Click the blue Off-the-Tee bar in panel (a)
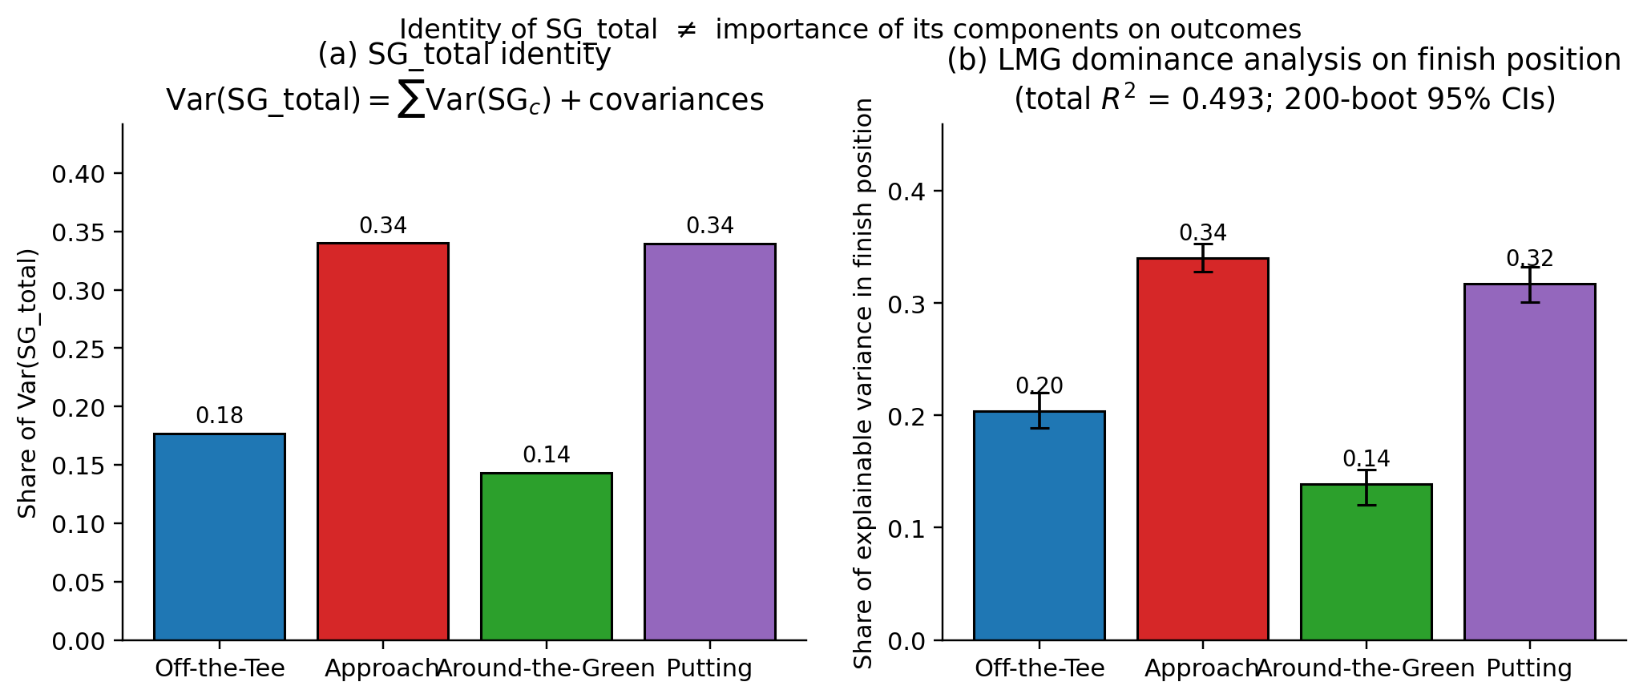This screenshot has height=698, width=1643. pos(220,537)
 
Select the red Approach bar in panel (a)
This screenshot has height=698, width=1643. pos(383,441)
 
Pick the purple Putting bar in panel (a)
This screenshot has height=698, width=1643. pos(710,441)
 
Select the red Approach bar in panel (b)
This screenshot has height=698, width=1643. pos(1203,449)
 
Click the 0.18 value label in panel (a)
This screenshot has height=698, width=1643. pos(220,416)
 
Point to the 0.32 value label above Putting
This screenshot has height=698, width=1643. pos(1530,259)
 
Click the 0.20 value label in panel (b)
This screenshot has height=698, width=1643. pos(1039,386)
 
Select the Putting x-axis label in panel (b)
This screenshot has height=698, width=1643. pos(1530,668)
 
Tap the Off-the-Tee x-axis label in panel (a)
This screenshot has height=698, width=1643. pos(220,668)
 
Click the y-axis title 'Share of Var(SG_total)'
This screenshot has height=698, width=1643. pos(28,383)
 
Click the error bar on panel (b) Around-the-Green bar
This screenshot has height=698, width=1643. pos(1366,487)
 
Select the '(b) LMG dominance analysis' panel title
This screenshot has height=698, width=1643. pos(1284,61)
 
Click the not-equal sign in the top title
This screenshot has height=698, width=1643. pos(686,30)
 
